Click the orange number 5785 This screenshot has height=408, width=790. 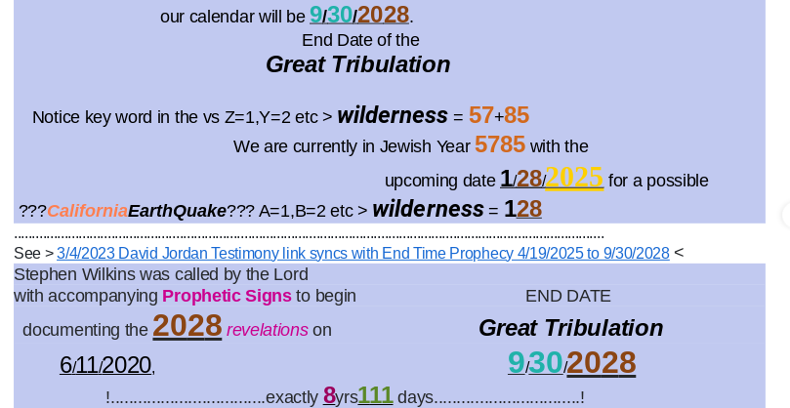pos(500,144)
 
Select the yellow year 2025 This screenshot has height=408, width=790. pos(574,178)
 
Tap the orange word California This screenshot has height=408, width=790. pos(88,211)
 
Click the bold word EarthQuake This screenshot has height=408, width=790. pos(178,211)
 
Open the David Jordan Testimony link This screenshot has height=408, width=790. pos(362,253)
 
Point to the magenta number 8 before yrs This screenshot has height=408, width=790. pos(329,395)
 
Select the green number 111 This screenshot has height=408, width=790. pos(375,395)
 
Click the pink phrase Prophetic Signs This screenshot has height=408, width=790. pos(227,296)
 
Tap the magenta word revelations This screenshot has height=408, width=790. pos(267,330)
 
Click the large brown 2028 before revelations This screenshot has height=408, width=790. pos(187,326)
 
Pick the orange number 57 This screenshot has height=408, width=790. pos(481,115)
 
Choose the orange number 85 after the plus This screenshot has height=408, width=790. pos(517,115)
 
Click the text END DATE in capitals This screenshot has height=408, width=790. pos(567,296)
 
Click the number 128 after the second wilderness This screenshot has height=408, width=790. pos(523,209)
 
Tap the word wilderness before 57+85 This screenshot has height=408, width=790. pos(393,115)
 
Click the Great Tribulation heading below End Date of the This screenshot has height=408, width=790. pos(358,64)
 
